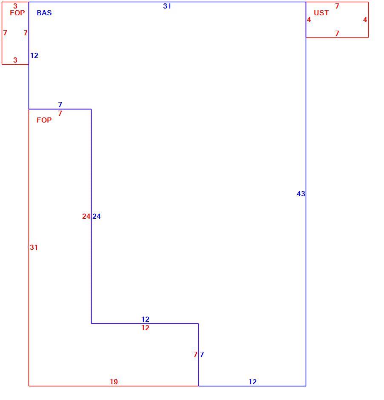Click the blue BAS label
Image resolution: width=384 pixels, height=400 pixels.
click(44, 13)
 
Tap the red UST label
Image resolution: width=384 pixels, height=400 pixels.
click(321, 13)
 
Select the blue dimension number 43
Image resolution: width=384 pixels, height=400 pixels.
click(301, 194)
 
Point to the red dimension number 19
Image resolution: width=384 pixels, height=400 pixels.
click(114, 382)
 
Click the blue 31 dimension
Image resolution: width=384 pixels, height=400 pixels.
click(167, 6)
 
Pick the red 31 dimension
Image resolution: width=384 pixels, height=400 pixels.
click(34, 247)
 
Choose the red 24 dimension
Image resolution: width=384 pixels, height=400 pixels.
click(86, 216)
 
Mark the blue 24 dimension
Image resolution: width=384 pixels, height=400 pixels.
click(97, 216)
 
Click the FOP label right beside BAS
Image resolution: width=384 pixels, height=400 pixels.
click(17, 13)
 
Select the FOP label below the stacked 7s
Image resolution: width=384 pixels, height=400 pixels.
click(44, 120)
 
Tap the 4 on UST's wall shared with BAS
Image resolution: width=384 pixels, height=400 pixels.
click(309, 20)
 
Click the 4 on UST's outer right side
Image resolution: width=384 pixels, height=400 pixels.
click(365, 20)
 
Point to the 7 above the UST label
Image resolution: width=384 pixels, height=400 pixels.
click(337, 6)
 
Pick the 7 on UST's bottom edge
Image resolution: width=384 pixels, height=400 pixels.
click(337, 33)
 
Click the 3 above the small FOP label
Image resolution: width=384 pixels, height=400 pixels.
click(15, 6)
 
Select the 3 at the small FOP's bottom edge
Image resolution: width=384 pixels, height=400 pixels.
click(15, 60)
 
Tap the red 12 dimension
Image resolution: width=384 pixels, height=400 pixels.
click(146, 328)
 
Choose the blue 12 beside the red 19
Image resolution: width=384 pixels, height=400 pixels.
click(252, 382)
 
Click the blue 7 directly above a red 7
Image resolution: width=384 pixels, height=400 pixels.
click(60, 105)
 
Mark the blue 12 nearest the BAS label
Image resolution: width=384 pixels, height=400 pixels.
click(34, 55)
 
